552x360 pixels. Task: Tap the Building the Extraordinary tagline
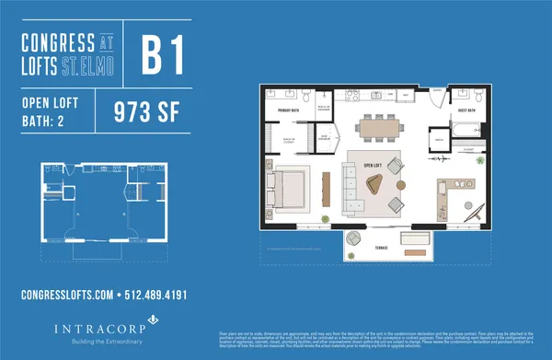[98, 341]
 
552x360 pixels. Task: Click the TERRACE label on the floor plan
[380, 249]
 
